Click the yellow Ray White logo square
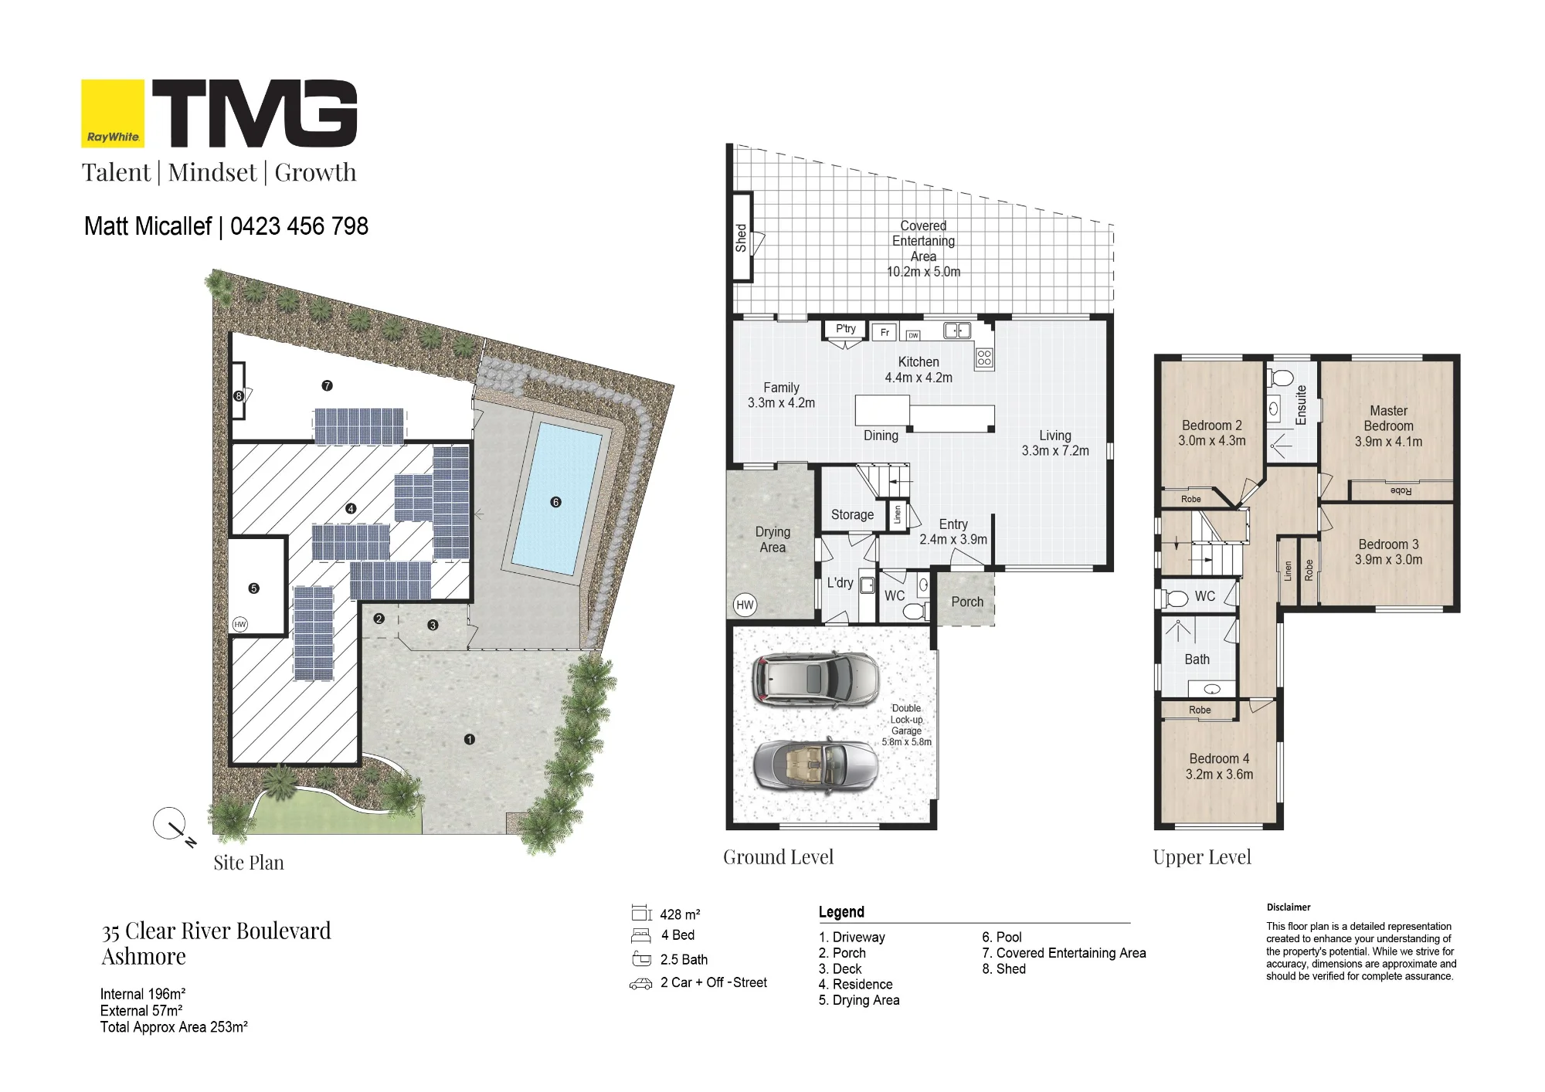(113, 114)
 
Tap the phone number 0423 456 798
(299, 226)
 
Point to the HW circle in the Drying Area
(745, 605)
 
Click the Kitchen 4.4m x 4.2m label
(919, 370)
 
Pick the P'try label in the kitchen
(846, 329)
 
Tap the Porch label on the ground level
(967, 602)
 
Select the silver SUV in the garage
(816, 679)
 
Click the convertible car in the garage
(816, 765)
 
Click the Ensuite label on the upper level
(1301, 405)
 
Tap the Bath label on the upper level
(1197, 660)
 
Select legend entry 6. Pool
(1002, 937)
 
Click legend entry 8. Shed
(1004, 968)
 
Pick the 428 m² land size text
(680, 914)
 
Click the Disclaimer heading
(1289, 907)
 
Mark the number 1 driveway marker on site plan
(470, 740)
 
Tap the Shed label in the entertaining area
(741, 238)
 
